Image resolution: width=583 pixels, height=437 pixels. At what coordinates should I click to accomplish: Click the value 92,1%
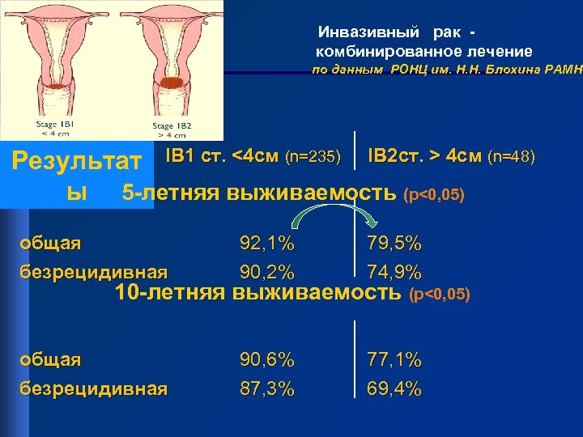tap(266, 243)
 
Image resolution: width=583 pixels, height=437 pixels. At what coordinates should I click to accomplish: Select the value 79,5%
tap(394, 243)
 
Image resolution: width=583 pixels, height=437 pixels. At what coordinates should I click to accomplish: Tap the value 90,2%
tap(266, 271)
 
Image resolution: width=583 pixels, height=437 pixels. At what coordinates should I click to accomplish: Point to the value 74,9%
tap(394, 271)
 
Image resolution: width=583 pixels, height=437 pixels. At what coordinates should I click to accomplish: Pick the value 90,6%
tap(266, 359)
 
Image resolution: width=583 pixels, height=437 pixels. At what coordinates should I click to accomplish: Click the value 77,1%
tap(394, 359)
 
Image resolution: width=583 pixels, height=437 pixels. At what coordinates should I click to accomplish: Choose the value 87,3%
tap(266, 388)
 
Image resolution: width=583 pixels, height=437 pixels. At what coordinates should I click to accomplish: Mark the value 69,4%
tap(394, 388)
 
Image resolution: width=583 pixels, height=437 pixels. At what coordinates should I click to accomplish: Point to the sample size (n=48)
tap(512, 155)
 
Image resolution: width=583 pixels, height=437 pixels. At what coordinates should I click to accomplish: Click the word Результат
tap(77, 159)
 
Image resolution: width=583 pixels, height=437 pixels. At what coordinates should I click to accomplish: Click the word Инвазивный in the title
tap(369, 32)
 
